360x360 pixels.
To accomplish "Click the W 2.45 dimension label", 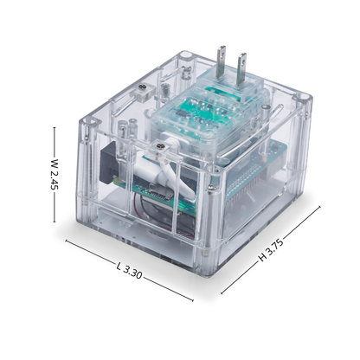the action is coord(54,174).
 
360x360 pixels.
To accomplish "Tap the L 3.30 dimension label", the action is coord(129,271).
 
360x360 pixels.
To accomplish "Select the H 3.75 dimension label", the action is coord(270,250).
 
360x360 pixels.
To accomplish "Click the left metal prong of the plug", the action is coord(222,62).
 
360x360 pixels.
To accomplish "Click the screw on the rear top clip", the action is coord(142,87).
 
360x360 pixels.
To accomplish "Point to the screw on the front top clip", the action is coord(159,146).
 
